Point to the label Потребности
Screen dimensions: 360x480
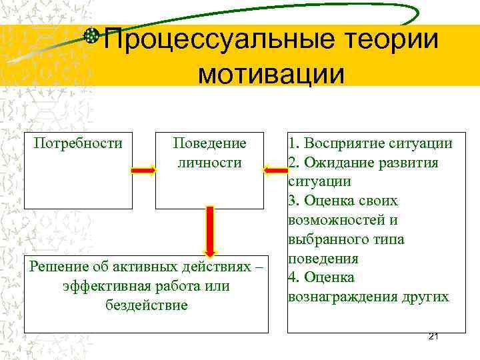(x=78, y=143)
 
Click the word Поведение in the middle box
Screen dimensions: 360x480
(x=209, y=143)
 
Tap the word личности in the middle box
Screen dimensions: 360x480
(x=209, y=163)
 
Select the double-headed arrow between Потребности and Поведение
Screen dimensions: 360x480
(x=143, y=171)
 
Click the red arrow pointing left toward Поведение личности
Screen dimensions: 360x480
(x=275, y=171)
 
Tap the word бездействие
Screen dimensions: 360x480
(x=146, y=305)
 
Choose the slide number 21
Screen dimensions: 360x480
(x=433, y=336)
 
